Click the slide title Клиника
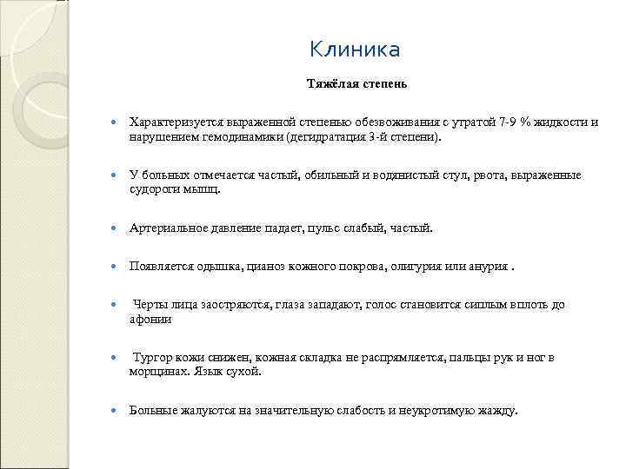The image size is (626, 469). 355,50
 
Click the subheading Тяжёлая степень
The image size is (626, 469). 355,85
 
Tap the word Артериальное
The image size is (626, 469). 169,228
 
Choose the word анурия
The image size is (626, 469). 484,266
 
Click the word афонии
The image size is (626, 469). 150,319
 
